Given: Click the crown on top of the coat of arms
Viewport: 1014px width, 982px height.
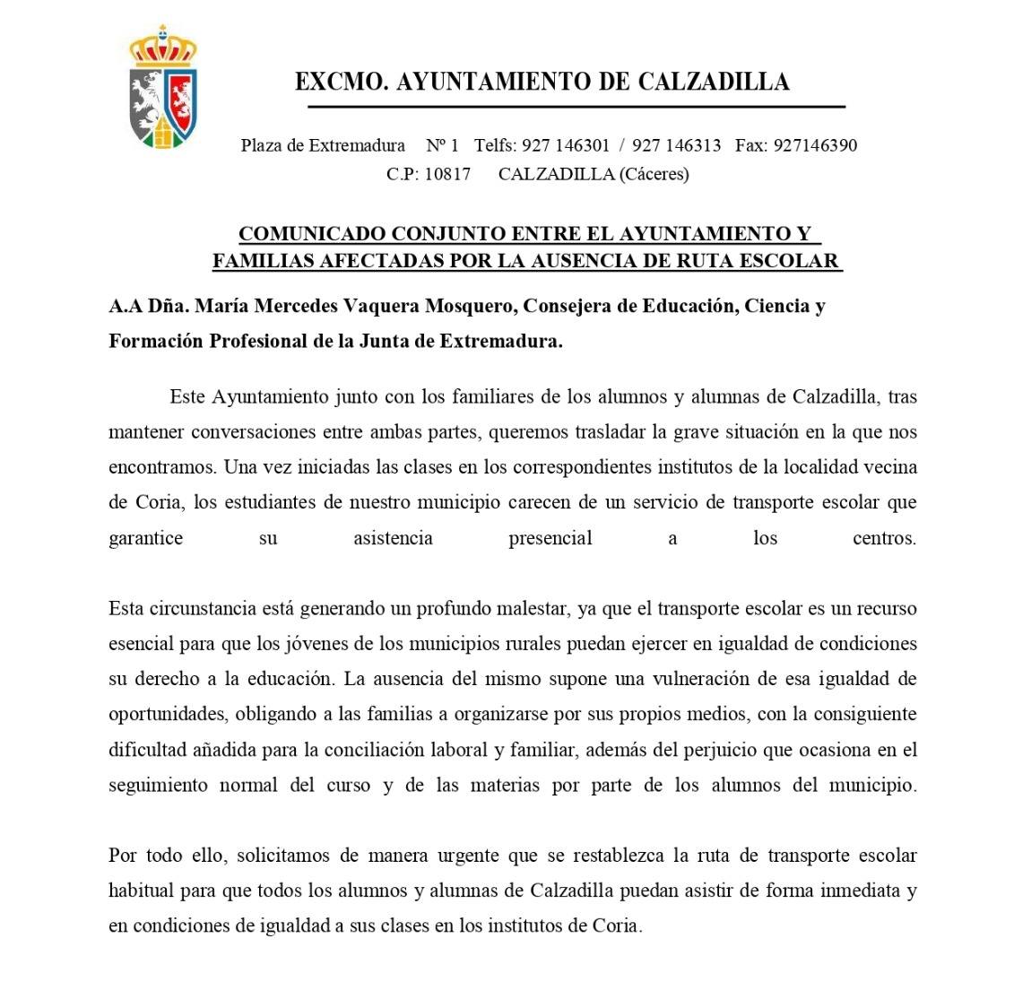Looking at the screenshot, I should (163, 47).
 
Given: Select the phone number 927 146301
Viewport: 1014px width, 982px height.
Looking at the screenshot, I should (565, 145).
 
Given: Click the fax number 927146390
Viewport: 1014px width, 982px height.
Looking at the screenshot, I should (814, 145).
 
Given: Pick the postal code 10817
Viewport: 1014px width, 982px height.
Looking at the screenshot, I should (447, 174).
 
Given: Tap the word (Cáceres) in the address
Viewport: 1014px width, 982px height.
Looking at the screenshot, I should (654, 174).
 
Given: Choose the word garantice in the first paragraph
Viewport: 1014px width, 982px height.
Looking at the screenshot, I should (145, 539).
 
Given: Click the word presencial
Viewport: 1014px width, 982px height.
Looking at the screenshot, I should (550, 539).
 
